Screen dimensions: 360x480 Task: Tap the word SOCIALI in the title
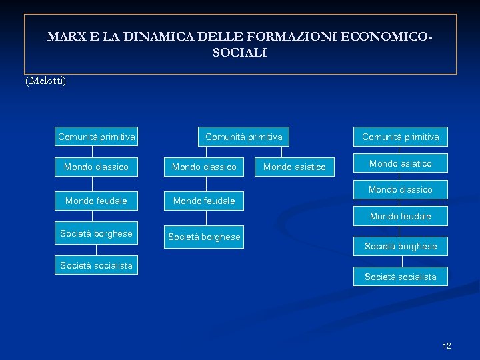[240, 53]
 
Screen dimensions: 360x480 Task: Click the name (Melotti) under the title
[45, 81]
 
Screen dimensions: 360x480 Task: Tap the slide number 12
[447, 345]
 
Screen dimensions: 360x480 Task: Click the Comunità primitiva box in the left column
[97, 137]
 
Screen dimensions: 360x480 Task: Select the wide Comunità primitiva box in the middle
[244, 137]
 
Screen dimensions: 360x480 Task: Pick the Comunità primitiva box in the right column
[401, 137]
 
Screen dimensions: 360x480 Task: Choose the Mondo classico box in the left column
[97, 167]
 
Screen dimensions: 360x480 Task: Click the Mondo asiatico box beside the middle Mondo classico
[295, 167]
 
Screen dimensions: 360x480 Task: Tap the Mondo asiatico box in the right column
[401, 163]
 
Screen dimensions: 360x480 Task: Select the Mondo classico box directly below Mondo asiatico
[401, 189]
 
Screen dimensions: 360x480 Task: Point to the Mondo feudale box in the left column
[97, 201]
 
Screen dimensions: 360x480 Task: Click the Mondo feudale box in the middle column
[204, 201]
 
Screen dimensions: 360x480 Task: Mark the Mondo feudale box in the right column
[401, 216]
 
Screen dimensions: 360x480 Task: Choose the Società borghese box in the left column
[97, 233]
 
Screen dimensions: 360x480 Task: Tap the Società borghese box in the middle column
[204, 237]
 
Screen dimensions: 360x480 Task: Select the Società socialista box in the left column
[97, 265]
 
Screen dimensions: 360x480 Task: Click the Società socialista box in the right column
[401, 277]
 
